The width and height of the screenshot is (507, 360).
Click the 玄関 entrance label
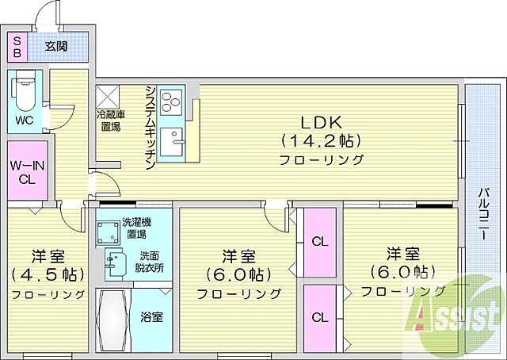[x=55, y=46]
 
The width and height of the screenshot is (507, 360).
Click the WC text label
[x=24, y=122]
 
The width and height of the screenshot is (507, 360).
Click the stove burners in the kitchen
[x=171, y=101]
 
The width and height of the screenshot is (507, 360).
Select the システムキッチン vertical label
[x=150, y=126]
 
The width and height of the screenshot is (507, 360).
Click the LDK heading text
[x=320, y=122]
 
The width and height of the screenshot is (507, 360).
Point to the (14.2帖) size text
[x=320, y=140]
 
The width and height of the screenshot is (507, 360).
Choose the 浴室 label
[x=152, y=317]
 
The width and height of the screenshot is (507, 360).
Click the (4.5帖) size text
[x=48, y=275]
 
